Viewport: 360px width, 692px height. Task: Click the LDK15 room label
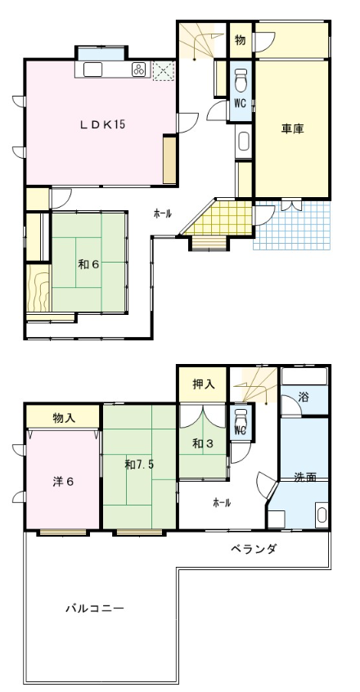point(102,124)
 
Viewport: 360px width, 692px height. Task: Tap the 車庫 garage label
point(293,129)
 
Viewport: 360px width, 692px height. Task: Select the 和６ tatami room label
point(88,264)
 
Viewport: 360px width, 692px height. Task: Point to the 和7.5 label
point(139,465)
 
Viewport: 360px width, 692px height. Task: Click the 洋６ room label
point(64,481)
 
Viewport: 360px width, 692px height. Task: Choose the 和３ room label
point(203,443)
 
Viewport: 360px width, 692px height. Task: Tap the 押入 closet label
point(204,384)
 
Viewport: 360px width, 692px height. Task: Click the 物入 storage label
point(64,416)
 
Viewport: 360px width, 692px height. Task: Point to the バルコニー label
point(95,609)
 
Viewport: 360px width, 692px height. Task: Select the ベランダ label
point(254,549)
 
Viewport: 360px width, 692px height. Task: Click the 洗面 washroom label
point(305,477)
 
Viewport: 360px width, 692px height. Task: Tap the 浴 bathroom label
point(303,397)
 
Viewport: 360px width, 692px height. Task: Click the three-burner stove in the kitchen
point(139,70)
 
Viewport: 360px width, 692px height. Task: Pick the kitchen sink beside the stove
point(92,70)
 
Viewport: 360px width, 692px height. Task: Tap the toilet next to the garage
point(241,80)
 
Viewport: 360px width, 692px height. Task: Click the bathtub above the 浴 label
point(304,376)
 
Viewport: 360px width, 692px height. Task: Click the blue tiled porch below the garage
point(292,226)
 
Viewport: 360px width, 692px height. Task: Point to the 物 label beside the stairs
point(241,40)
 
